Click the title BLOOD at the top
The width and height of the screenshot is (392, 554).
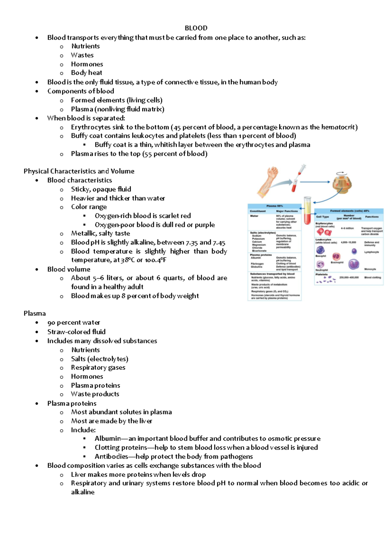click(x=196, y=28)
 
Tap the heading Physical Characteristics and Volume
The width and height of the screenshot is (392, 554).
click(x=79, y=171)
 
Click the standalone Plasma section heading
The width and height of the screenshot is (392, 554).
click(x=35, y=313)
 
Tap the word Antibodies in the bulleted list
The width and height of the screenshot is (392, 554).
click(x=111, y=457)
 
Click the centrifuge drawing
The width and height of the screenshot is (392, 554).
click(x=342, y=182)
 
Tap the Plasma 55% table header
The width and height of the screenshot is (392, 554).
click(x=274, y=206)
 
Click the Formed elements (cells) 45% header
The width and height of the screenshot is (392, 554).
click(x=349, y=211)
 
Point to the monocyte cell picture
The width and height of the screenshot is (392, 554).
click(x=353, y=264)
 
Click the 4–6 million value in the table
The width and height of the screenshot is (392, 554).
click(x=347, y=228)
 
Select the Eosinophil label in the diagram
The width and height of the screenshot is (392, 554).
click(x=337, y=262)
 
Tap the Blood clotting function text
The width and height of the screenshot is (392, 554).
click(x=372, y=277)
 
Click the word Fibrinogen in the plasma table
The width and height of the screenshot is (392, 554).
click(x=257, y=264)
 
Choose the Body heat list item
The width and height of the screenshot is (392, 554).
click(x=87, y=73)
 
